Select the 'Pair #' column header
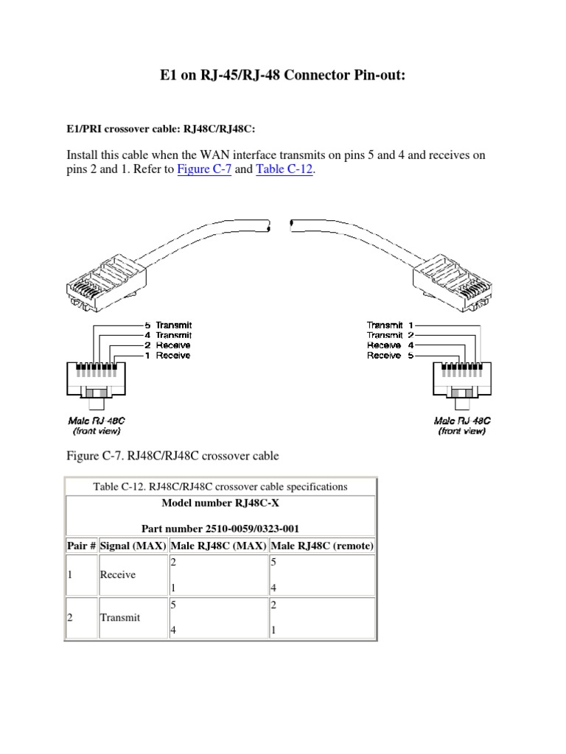click(x=82, y=546)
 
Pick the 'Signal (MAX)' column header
click(x=133, y=546)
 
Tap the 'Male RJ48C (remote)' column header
click(x=323, y=546)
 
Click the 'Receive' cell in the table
click(x=118, y=574)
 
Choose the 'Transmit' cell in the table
click(x=119, y=618)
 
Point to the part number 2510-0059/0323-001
click(x=220, y=529)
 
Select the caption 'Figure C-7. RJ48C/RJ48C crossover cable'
click(x=173, y=456)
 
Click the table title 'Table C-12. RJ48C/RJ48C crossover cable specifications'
click(x=220, y=487)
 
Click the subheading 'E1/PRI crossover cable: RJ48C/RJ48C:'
click(x=161, y=129)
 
